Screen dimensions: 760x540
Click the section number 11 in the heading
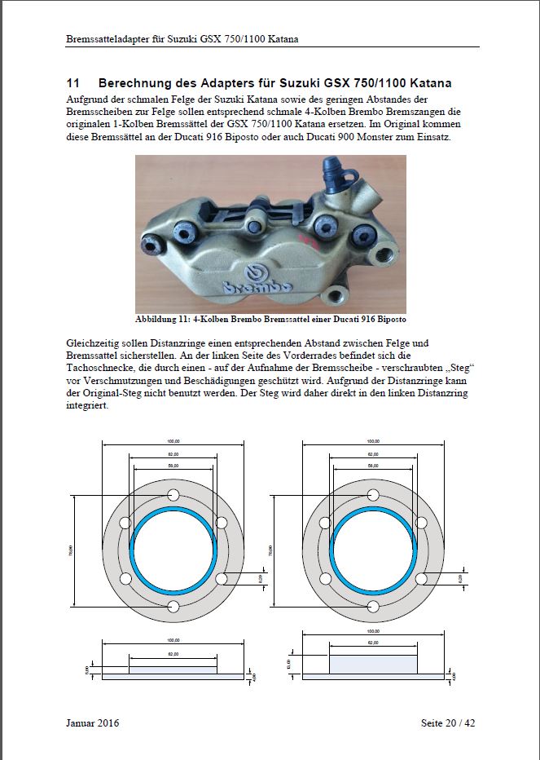(x=72, y=84)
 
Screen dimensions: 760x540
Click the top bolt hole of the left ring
(x=173, y=495)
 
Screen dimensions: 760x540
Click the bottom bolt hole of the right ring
(x=373, y=606)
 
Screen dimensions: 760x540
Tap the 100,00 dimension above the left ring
(x=173, y=440)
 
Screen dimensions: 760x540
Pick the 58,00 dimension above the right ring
(x=373, y=465)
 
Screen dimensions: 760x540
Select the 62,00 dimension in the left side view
(x=173, y=654)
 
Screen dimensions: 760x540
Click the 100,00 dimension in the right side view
(x=373, y=630)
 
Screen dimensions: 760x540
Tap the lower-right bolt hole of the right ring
(x=421, y=578)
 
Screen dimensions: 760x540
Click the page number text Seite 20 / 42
(x=449, y=722)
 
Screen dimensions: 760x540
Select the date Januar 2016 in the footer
(x=93, y=722)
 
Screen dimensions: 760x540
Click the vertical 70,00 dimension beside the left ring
(x=71, y=550)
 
